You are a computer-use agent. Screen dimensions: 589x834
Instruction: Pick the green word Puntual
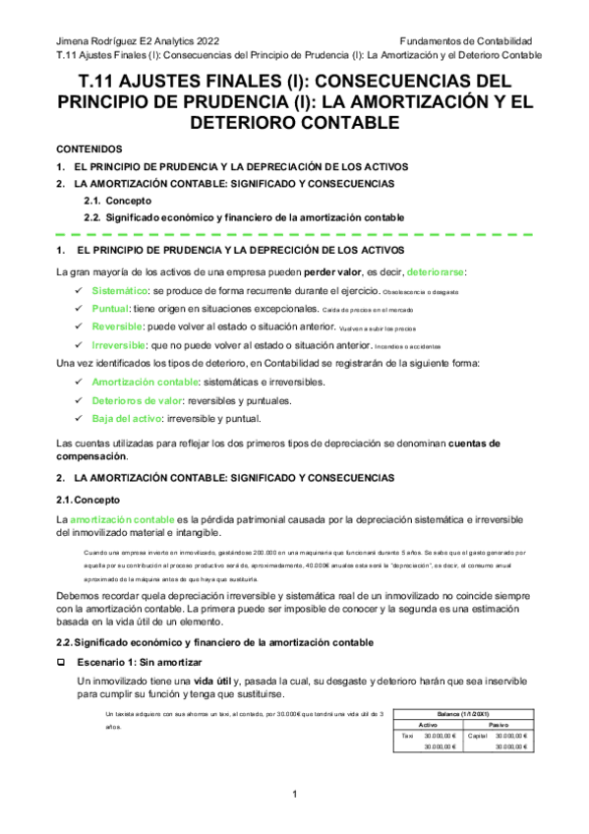click(x=111, y=309)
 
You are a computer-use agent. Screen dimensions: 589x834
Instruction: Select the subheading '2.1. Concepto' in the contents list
click(x=117, y=200)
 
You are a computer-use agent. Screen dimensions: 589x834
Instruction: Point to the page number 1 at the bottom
click(x=294, y=795)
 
